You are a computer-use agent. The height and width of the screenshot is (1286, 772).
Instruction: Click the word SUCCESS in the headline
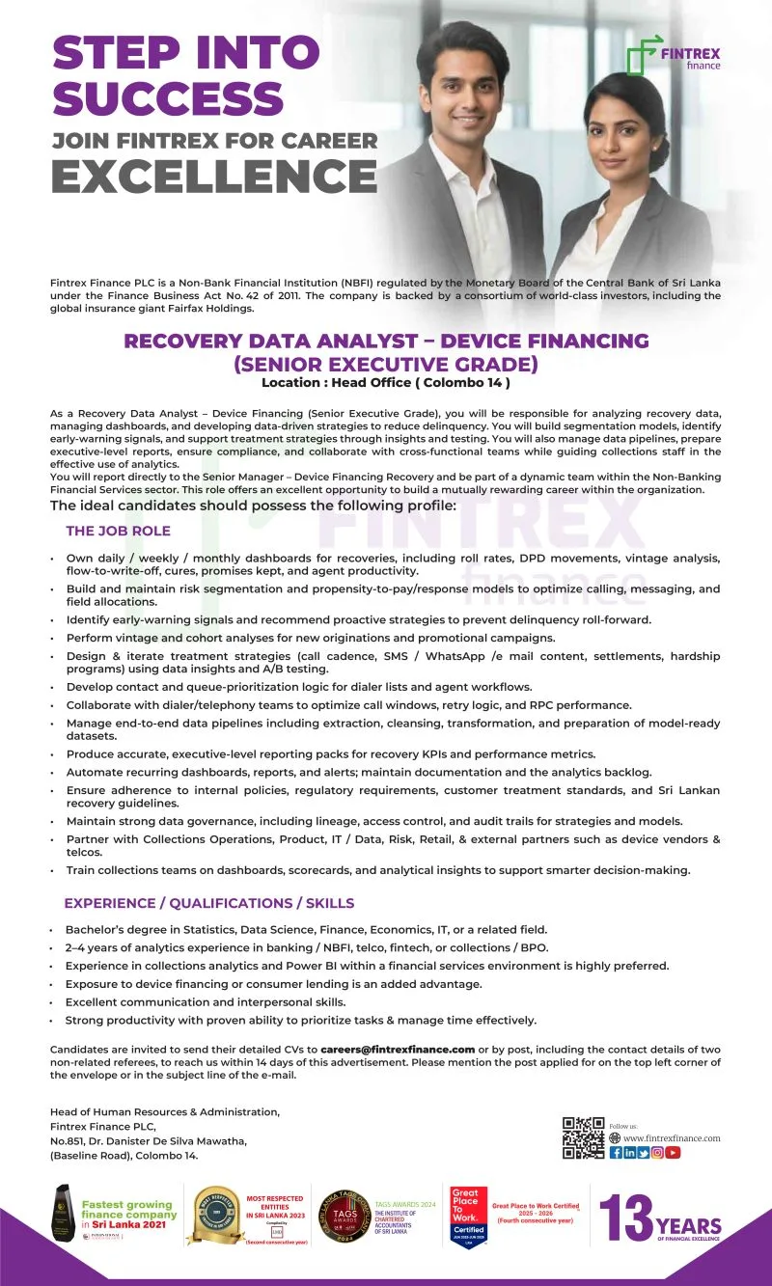tap(168, 98)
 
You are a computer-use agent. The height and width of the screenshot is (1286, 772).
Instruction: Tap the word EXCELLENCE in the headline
tap(213, 177)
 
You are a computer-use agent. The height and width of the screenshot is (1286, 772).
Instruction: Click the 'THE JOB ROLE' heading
tap(118, 531)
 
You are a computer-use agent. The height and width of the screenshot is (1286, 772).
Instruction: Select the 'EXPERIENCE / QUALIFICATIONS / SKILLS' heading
tap(208, 903)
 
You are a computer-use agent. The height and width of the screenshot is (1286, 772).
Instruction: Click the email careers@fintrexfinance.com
tap(398, 1049)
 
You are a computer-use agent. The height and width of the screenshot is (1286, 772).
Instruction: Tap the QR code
tap(583, 1137)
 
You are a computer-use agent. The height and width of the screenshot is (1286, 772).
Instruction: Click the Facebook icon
tap(616, 1152)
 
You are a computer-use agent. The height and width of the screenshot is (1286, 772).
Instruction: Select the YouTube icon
tap(673, 1152)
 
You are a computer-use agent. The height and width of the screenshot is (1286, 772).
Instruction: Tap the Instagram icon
tap(658, 1152)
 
